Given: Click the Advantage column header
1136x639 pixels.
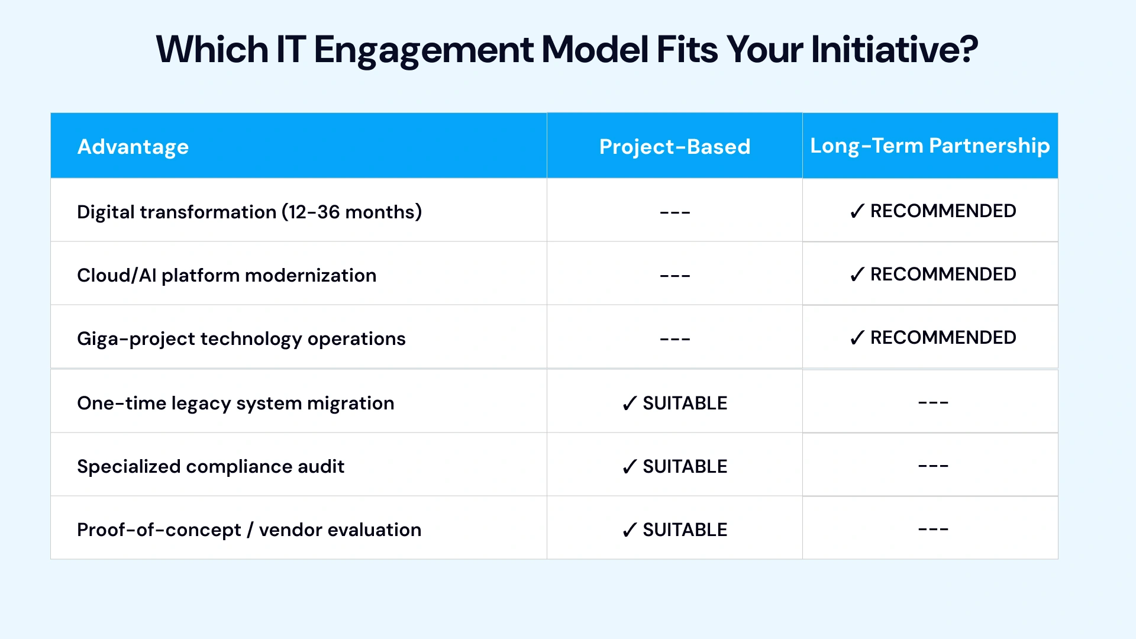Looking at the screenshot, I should point(133,147).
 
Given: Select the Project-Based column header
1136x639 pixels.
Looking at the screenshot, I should point(674,147).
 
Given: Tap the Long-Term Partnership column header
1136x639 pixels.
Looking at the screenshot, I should point(930,146).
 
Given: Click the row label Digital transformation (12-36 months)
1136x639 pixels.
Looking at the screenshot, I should point(249,212).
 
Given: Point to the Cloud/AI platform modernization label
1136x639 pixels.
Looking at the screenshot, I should point(227,275).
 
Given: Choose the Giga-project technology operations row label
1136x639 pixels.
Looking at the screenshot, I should point(241,338).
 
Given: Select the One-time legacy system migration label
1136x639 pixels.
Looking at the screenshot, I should point(235,403).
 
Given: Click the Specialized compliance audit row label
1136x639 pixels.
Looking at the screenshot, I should point(211,466).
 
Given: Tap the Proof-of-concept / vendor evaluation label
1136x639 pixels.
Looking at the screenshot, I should point(249,530).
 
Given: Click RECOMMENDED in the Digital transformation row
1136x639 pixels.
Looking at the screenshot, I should point(943,211).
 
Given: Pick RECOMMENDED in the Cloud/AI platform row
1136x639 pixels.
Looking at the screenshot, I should point(943,275).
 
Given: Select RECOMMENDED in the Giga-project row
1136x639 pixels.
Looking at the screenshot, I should point(943,338).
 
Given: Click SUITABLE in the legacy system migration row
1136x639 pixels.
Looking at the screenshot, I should point(685,403).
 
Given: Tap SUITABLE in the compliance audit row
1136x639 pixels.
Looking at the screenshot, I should point(685,466).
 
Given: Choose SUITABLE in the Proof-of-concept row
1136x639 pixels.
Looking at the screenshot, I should point(685,530).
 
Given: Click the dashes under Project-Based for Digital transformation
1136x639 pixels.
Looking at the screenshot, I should point(675,212).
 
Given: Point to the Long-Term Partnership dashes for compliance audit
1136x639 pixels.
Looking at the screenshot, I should point(933,466).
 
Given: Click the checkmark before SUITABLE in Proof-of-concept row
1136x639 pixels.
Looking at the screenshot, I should point(630,530).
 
